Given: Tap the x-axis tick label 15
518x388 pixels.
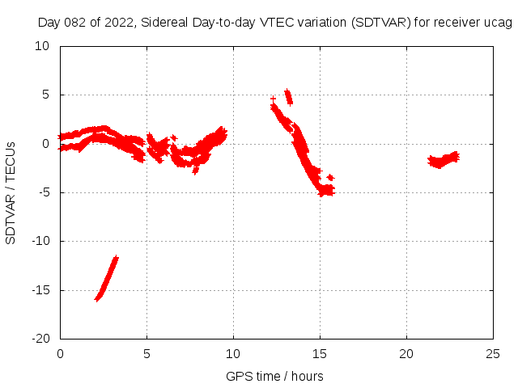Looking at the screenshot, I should pos(320,354).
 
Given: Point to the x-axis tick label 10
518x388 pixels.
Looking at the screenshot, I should pos(233,354).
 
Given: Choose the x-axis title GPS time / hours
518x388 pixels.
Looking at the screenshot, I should pos(275,376).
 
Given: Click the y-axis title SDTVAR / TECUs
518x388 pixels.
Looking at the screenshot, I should pos(11,192).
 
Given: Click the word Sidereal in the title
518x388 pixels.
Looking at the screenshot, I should pos(164,23).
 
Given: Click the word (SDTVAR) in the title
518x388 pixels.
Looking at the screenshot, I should pos(380,23).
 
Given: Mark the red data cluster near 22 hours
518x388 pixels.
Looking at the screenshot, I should pos(444,159).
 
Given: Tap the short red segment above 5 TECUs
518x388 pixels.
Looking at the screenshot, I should pos(287,97).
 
